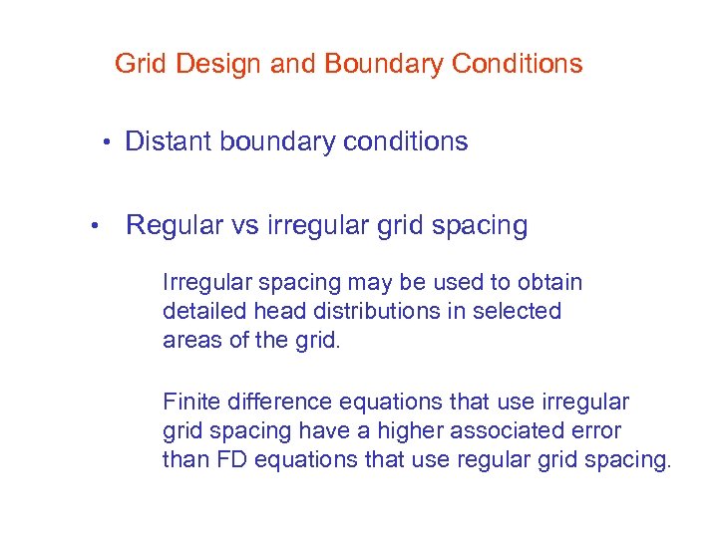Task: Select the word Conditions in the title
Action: tap(517, 65)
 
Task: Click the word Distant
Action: tap(168, 141)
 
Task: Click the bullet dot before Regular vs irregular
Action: tap(93, 225)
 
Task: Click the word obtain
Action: tap(551, 283)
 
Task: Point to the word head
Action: tap(276, 311)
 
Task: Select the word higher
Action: tap(407, 431)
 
